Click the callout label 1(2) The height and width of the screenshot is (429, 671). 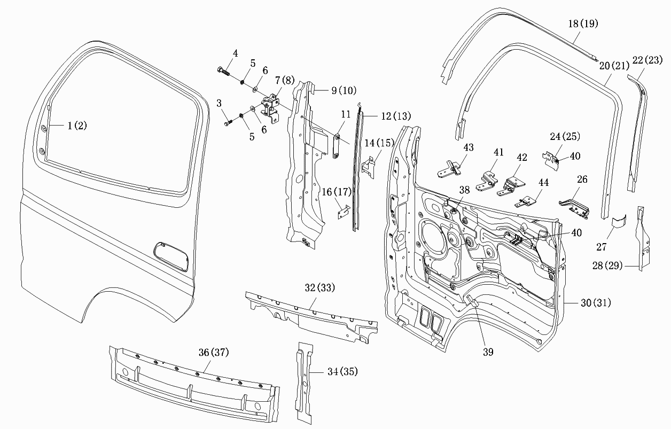pyautogui.click(x=77, y=126)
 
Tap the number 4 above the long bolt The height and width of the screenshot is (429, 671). pyautogui.click(x=236, y=53)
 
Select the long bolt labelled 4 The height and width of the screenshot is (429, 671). pyautogui.click(x=223, y=71)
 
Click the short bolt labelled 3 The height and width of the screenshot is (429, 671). pyautogui.click(x=228, y=123)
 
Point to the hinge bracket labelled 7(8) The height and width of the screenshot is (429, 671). pyautogui.click(x=270, y=107)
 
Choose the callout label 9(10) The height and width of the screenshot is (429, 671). pyautogui.click(x=344, y=90)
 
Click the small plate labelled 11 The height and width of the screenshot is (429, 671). pyautogui.click(x=337, y=146)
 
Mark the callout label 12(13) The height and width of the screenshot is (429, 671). pyautogui.click(x=396, y=116)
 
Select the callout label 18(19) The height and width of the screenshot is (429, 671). pyautogui.click(x=583, y=24)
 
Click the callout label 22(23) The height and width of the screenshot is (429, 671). pyautogui.click(x=647, y=60)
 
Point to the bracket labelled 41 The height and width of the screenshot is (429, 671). pyautogui.click(x=487, y=181)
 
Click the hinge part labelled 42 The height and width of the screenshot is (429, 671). pyautogui.click(x=511, y=186)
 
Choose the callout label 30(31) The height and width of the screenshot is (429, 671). pyautogui.click(x=596, y=303)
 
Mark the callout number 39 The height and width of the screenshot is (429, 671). pyautogui.click(x=488, y=352)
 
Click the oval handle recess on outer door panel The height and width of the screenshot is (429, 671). pyautogui.click(x=171, y=257)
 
